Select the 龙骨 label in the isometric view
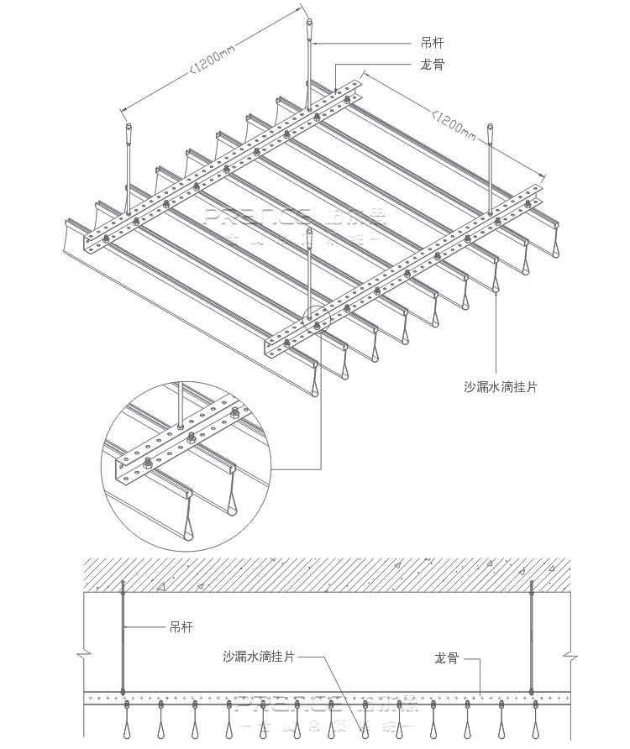click(432, 64)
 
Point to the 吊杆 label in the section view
click(181, 626)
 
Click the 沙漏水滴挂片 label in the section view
click(259, 657)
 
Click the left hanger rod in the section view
click(123, 638)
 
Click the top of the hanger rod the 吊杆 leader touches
click(310, 30)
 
